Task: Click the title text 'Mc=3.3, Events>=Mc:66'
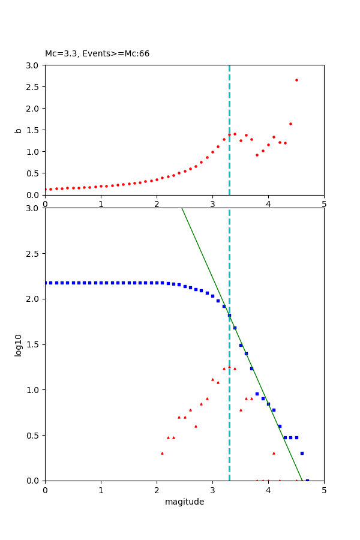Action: [97, 54]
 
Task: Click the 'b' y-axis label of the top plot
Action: [19, 130]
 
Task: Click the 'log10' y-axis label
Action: [19, 344]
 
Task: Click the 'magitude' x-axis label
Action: [184, 502]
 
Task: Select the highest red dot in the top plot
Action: [296, 80]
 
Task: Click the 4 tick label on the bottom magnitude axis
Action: [268, 490]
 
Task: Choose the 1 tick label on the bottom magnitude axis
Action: [101, 490]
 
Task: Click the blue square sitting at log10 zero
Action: [307, 481]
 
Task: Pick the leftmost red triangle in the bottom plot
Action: [162, 453]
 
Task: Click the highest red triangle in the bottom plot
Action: [229, 367]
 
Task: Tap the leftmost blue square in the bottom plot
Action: [45, 283]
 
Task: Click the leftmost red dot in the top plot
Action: [45, 189]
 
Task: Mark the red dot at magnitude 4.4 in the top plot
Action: [290, 124]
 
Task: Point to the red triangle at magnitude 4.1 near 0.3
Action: [274, 453]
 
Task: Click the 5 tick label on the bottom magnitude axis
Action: [324, 490]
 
